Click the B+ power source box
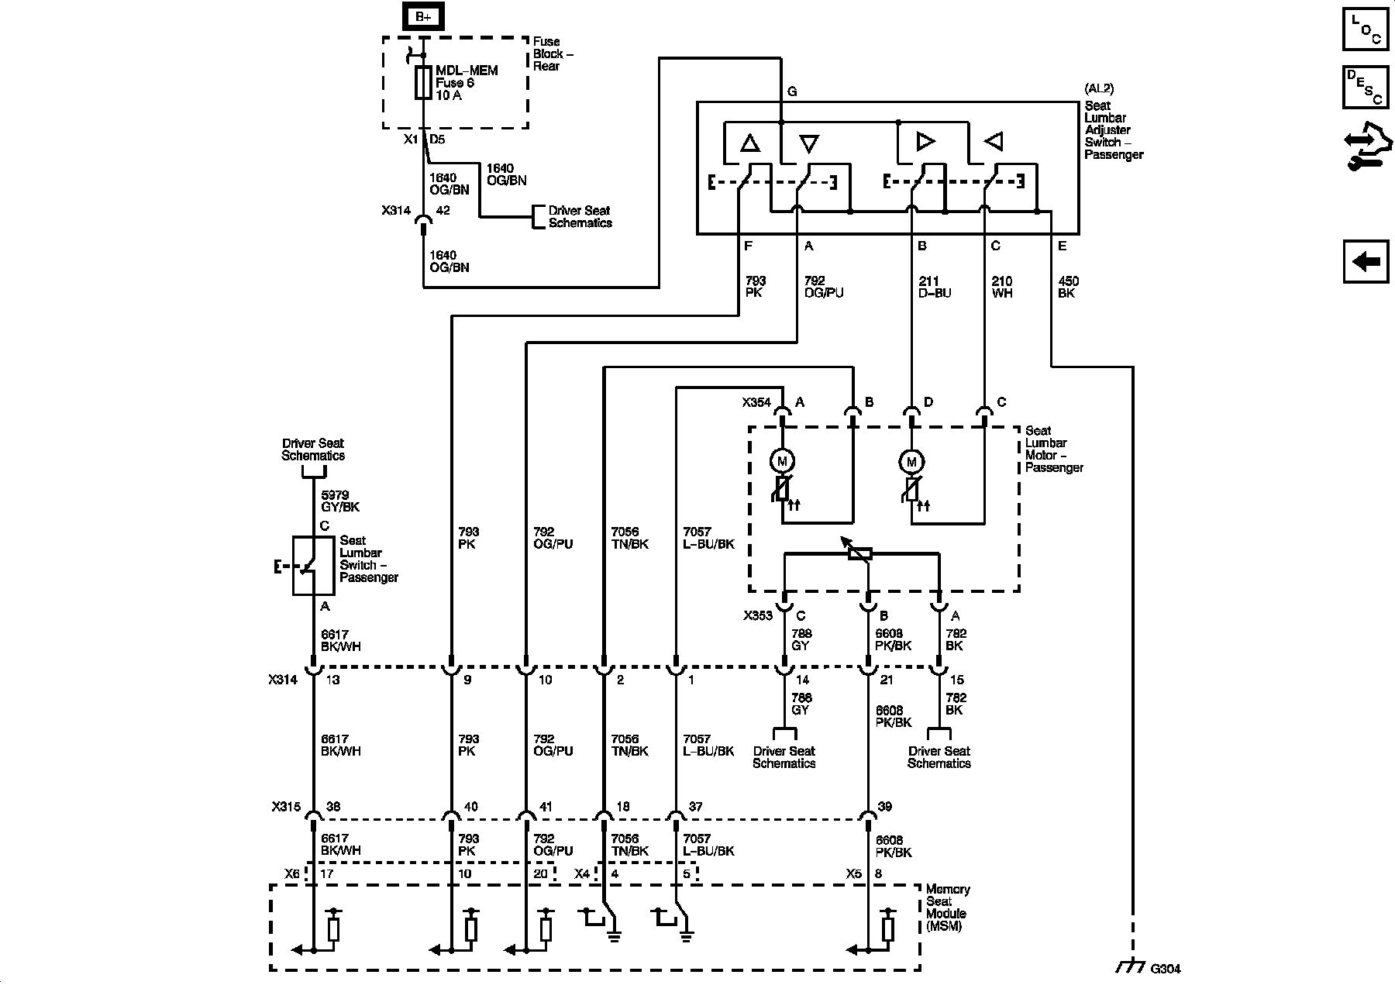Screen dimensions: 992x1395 [x=422, y=16]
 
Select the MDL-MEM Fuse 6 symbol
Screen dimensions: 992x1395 [x=423, y=83]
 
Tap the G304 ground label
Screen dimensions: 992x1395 [x=1165, y=968]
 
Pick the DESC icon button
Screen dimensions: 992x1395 [x=1366, y=87]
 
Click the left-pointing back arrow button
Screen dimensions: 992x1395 [x=1366, y=261]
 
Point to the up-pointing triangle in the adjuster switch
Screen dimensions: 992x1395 [x=749, y=143]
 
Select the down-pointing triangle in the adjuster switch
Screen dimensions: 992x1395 [x=808, y=143]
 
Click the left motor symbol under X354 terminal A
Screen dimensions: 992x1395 [x=781, y=462]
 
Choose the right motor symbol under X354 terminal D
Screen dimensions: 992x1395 [x=911, y=462]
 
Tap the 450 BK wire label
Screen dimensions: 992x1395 [x=1068, y=288]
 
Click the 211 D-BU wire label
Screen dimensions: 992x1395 [x=934, y=288]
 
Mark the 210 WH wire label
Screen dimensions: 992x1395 [x=1002, y=288]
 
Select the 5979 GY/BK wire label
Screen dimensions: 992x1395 [x=340, y=501]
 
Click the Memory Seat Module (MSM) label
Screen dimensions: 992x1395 [x=948, y=908]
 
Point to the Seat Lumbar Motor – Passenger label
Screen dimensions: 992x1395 [x=1053, y=449]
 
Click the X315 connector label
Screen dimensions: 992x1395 [x=285, y=806]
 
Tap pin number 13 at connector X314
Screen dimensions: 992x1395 [x=332, y=680]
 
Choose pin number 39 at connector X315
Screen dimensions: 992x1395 [x=884, y=807]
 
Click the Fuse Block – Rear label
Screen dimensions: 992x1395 [x=553, y=53]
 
